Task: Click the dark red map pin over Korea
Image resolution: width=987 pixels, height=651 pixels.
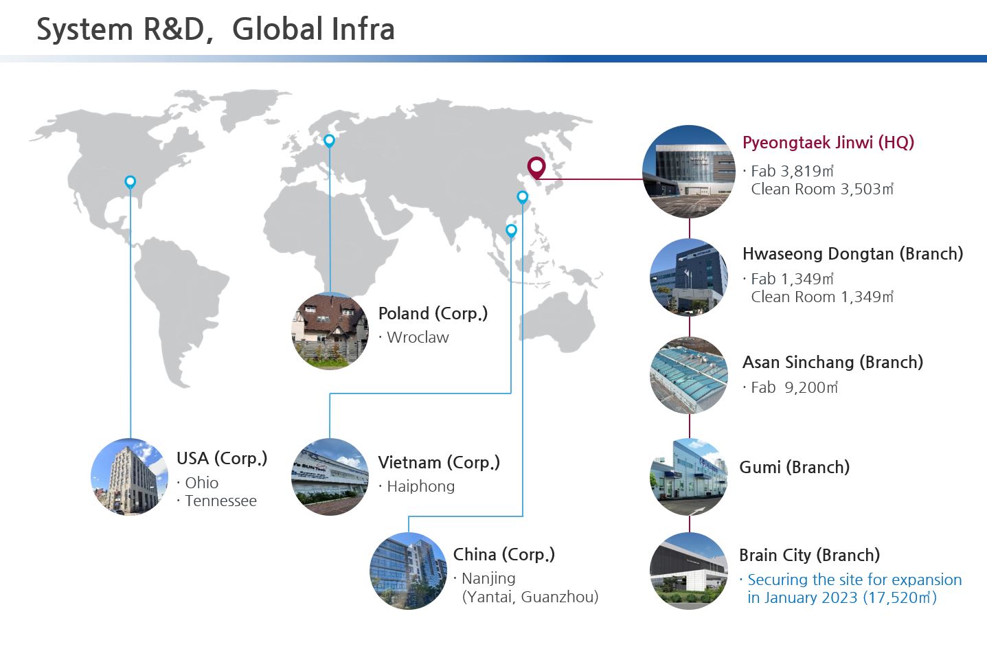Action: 536,168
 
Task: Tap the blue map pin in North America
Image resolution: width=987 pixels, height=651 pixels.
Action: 130,182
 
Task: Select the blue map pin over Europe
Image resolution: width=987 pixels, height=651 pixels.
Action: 329,141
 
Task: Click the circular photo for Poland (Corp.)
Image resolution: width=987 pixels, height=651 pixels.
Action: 330,331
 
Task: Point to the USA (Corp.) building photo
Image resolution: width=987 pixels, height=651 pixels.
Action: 130,477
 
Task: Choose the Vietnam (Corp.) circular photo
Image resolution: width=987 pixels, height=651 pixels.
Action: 330,477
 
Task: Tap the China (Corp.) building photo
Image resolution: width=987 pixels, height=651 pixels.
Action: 409,571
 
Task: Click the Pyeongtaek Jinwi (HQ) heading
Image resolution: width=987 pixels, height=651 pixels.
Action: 828,143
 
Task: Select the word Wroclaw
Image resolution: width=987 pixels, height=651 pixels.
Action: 418,337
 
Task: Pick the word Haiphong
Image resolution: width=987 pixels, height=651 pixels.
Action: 421,486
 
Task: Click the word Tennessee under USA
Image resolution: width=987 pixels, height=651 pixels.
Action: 220,501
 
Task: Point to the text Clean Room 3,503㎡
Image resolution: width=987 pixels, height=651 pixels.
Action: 822,189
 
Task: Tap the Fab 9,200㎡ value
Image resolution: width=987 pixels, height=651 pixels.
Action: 795,387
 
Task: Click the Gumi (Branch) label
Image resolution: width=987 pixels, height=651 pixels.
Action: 795,468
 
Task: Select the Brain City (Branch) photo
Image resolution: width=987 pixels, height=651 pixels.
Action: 689,571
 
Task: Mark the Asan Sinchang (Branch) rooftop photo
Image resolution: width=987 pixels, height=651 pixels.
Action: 689,375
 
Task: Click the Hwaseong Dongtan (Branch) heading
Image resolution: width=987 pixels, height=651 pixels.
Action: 852,254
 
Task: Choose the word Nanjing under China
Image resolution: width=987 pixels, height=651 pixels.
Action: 488,579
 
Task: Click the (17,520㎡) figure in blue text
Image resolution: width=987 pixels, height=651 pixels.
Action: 900,597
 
